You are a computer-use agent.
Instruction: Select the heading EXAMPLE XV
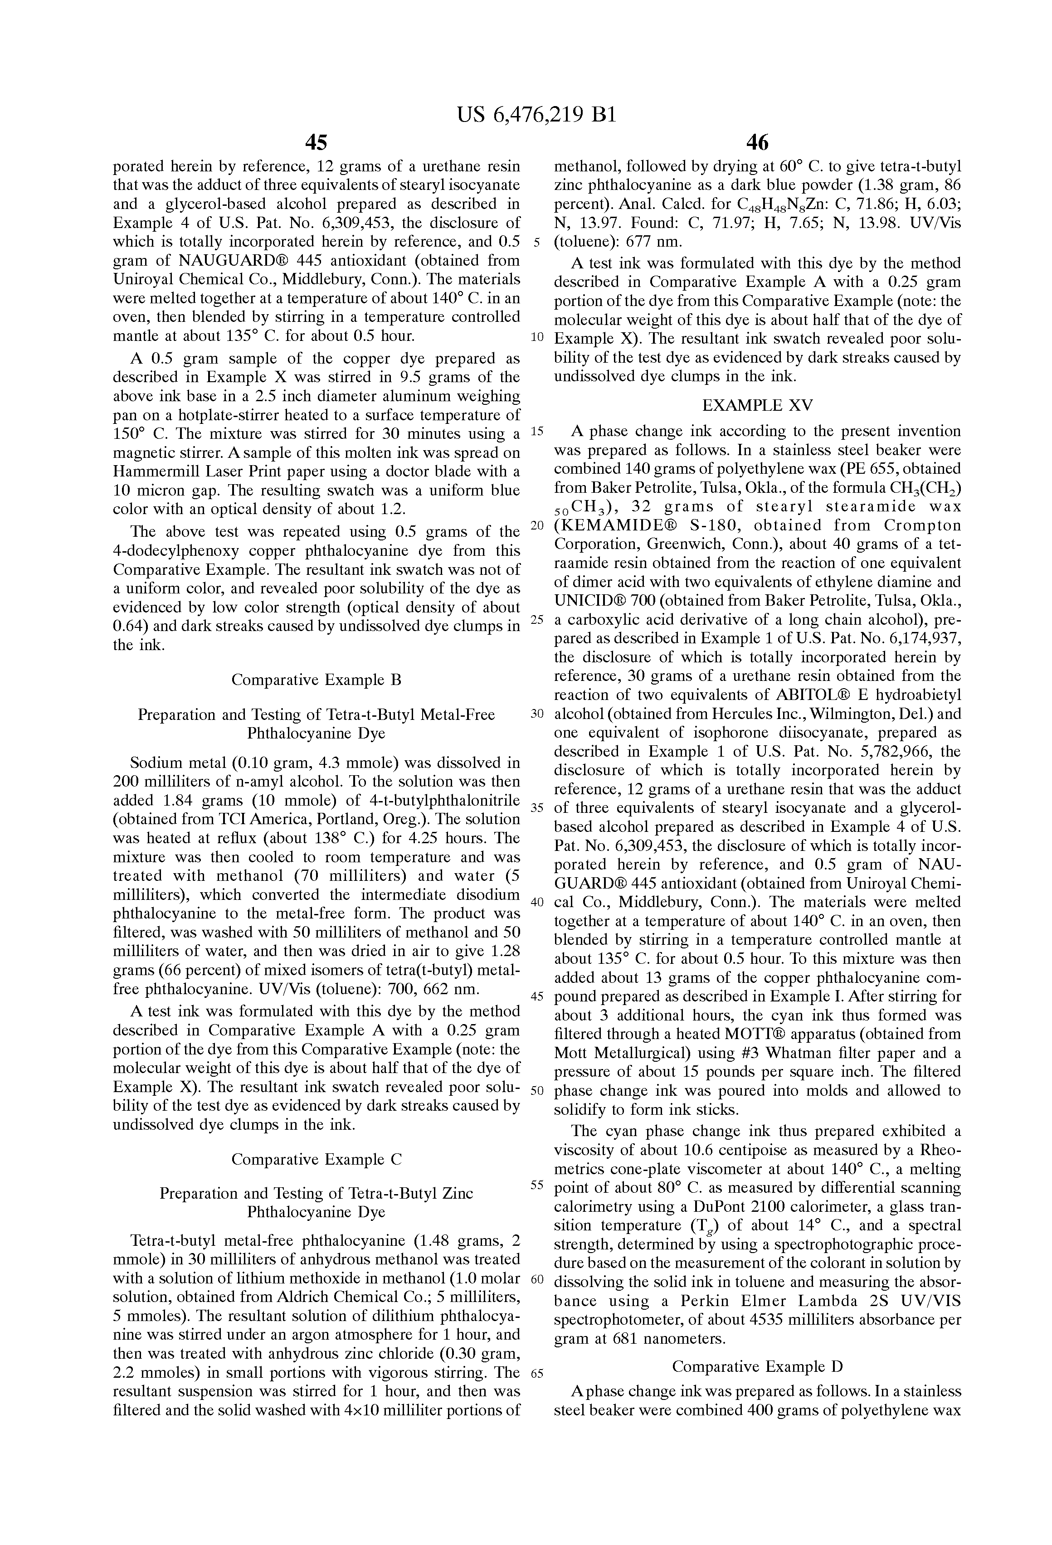click(x=757, y=405)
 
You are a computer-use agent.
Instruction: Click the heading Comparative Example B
click(x=316, y=680)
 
